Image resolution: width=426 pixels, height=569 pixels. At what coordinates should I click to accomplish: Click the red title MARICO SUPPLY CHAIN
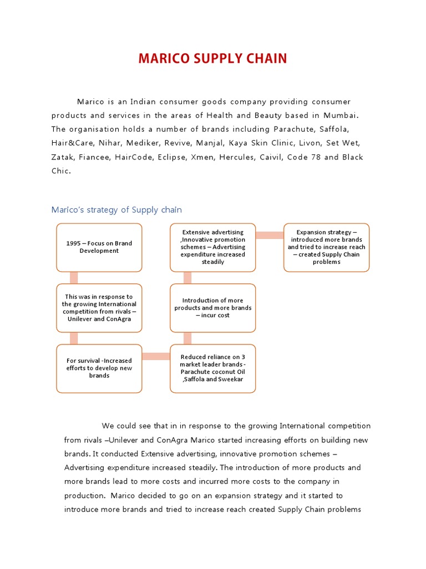[x=212, y=58]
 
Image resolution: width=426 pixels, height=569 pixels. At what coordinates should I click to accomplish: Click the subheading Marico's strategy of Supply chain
[x=116, y=209]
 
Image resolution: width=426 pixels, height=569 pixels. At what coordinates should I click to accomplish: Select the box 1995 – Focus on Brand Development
[x=99, y=247]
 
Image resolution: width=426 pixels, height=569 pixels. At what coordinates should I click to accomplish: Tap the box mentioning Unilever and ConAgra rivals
[x=99, y=308]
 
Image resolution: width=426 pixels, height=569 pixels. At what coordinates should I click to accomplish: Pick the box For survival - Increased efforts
[x=99, y=368]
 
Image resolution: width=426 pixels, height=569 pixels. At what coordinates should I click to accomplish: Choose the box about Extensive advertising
[x=212, y=247]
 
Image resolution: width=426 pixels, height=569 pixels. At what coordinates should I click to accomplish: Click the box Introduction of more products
[x=212, y=308]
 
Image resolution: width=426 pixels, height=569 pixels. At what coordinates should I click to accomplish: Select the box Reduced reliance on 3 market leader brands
[x=212, y=368]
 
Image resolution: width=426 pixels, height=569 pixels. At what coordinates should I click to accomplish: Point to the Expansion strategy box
[x=326, y=247]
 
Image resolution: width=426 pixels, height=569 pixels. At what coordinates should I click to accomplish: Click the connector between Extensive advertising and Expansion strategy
[x=270, y=235]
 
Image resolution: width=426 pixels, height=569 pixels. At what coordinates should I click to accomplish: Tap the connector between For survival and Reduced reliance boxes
[x=156, y=356]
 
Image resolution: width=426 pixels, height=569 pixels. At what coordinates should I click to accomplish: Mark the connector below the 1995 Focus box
[x=74, y=278]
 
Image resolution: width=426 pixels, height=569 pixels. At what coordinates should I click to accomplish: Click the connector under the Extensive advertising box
[x=187, y=278]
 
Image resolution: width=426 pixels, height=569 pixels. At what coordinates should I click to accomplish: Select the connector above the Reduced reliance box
[x=187, y=338]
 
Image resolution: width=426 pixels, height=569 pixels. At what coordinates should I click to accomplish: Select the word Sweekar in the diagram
[x=231, y=379]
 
